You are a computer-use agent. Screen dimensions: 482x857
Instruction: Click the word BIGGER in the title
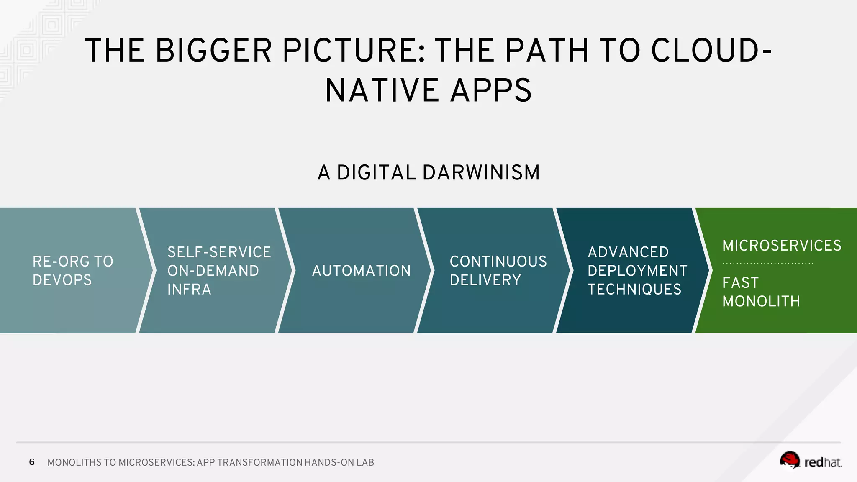(x=214, y=51)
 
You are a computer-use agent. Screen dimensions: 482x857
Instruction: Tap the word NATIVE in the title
(x=381, y=91)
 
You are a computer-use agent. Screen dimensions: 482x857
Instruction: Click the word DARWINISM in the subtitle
(x=481, y=173)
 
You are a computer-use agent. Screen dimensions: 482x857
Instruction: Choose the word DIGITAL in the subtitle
(x=377, y=173)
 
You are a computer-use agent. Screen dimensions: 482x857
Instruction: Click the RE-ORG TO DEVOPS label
(x=73, y=271)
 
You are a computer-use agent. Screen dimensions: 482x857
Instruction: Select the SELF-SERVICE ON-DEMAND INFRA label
(x=219, y=271)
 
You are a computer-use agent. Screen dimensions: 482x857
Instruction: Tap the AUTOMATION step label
(x=362, y=271)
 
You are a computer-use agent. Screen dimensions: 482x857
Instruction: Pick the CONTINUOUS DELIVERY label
(x=498, y=271)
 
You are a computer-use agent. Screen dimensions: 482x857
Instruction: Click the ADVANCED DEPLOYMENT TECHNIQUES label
(x=637, y=271)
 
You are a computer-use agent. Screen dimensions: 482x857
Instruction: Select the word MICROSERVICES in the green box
(x=782, y=246)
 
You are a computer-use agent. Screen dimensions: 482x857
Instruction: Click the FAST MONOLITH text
(x=761, y=292)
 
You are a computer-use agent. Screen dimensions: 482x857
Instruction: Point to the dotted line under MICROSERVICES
(x=768, y=264)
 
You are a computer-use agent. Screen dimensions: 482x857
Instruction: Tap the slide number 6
(x=32, y=462)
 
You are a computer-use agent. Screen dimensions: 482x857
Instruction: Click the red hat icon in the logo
(x=790, y=460)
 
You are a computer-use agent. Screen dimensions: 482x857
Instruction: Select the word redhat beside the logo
(x=822, y=462)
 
